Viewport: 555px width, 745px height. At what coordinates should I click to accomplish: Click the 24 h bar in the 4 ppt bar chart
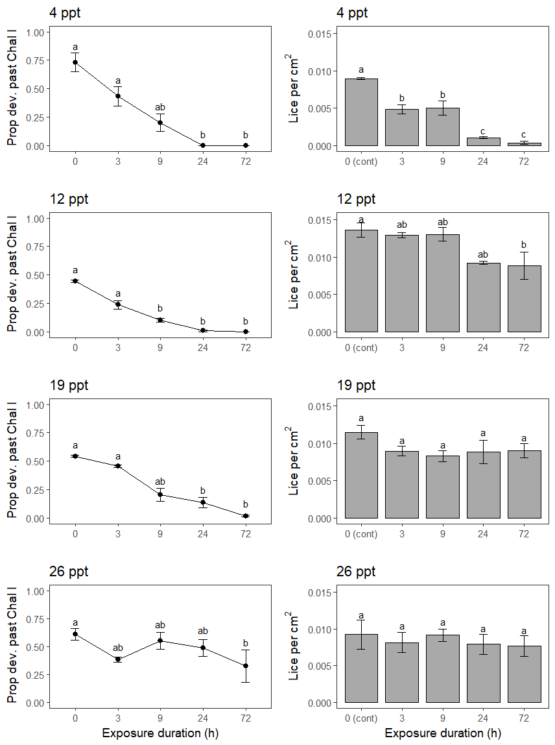(x=483, y=141)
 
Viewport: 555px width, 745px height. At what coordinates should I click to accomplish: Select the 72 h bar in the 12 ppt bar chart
(x=524, y=299)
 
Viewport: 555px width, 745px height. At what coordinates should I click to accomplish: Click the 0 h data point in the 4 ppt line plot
(x=75, y=62)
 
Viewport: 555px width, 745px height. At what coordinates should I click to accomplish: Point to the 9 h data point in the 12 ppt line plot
(x=160, y=320)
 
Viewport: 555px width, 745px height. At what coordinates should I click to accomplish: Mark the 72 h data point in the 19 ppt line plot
(x=245, y=516)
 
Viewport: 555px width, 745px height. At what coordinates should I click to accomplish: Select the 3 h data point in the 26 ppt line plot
(x=118, y=659)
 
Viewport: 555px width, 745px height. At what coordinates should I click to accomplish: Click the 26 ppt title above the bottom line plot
(x=69, y=572)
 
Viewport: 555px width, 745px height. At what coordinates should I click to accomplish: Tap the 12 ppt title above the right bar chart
(x=356, y=199)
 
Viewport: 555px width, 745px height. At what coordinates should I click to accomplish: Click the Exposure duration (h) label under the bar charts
(x=443, y=733)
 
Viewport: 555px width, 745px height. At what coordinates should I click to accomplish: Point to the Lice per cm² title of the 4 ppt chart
(x=294, y=88)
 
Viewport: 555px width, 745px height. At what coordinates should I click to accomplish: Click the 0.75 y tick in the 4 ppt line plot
(x=36, y=60)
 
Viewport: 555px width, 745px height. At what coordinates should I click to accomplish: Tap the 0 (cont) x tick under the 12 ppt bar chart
(x=361, y=347)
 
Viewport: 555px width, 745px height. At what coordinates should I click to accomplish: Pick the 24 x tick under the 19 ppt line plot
(x=203, y=533)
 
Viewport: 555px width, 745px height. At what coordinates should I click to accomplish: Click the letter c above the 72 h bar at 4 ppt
(x=524, y=134)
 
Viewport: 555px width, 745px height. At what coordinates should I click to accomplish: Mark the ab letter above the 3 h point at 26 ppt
(x=118, y=648)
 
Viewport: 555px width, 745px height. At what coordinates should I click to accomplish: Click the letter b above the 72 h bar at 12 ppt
(x=524, y=245)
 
